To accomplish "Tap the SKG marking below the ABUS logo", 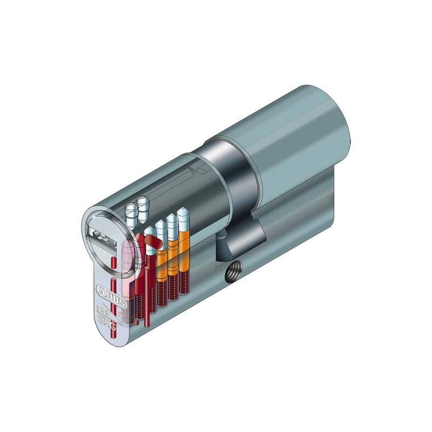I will pos(111,318).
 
